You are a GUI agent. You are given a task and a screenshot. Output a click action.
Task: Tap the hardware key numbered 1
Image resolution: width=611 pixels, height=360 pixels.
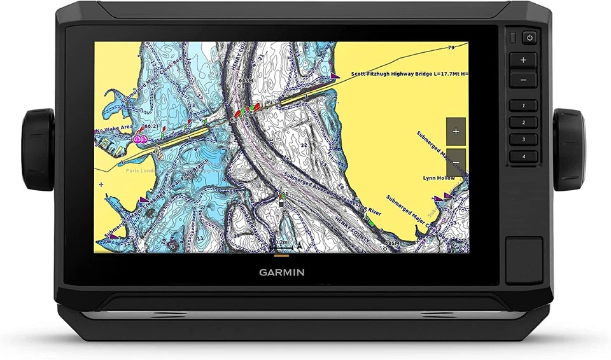click(523, 106)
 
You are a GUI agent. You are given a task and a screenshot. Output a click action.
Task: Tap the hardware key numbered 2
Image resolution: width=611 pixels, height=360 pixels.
click(523, 122)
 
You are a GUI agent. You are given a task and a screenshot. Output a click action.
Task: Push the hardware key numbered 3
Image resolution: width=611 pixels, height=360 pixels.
click(523, 139)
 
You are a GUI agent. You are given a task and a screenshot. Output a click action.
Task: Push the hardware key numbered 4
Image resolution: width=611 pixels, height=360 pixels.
click(523, 156)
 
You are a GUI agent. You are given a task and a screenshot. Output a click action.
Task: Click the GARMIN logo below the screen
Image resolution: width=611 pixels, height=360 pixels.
click(281, 272)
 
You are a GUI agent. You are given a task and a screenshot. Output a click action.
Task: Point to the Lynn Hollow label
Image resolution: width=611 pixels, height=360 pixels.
click(439, 178)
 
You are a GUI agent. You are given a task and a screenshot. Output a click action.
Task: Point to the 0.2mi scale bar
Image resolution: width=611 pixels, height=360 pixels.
click(280, 244)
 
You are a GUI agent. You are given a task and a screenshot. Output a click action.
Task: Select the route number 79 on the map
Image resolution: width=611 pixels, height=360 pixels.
click(451, 48)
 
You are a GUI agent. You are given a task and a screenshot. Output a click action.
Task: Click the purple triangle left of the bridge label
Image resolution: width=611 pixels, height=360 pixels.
click(335, 74)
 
